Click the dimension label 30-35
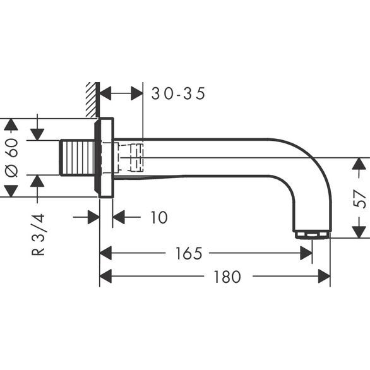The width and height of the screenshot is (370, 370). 179,93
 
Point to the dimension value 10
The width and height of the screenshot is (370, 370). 159,218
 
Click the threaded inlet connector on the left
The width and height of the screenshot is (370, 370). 76,157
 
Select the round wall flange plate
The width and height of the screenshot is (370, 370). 105,157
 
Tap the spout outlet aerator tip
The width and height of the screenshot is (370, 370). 312,235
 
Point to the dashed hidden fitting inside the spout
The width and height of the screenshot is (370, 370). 131,157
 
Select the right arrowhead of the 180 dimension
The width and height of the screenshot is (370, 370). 325,277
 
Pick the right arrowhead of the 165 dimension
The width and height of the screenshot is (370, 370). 306,254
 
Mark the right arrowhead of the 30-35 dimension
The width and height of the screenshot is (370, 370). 137,93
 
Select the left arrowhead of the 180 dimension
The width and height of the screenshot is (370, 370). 106,277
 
